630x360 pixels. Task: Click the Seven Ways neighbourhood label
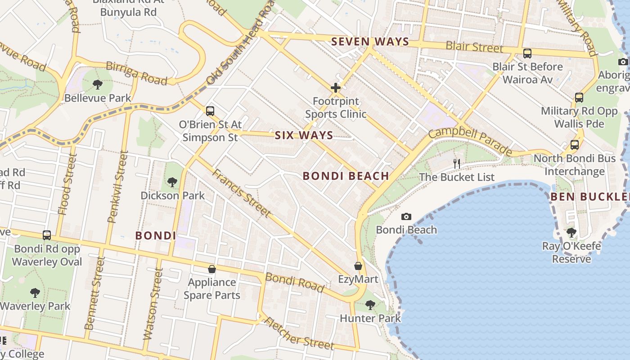[370, 42]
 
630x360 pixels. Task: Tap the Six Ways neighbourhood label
[304, 135]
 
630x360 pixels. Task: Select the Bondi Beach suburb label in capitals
[346, 176]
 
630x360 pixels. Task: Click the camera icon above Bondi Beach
[406, 217]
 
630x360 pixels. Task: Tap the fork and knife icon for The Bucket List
[457, 164]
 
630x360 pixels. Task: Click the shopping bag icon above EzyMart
[358, 266]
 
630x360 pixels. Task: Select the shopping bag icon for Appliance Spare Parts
[212, 269]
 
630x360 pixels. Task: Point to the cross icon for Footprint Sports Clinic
[336, 88]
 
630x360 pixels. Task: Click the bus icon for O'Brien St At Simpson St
[210, 111]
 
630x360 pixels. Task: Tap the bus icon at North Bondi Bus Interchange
[575, 145]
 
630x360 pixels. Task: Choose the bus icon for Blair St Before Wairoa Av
[527, 54]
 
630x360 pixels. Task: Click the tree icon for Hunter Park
[370, 305]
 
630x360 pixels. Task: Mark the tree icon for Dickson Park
[172, 182]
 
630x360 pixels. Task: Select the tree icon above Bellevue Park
[97, 84]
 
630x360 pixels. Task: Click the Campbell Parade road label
[470, 141]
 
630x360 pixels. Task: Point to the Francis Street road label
[242, 193]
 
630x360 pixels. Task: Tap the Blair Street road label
[474, 47]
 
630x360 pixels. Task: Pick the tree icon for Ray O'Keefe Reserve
[571, 233]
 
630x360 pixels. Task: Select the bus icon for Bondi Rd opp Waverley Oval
[47, 235]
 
